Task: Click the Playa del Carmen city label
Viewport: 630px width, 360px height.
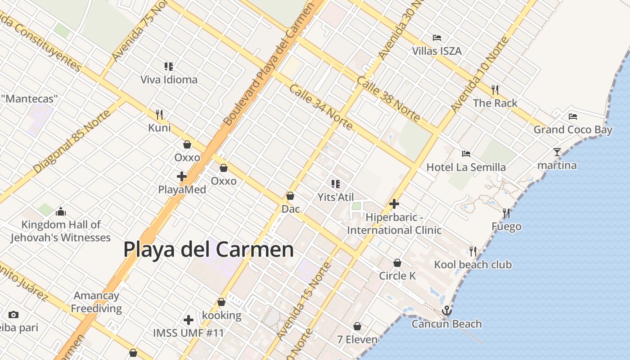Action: point(208,249)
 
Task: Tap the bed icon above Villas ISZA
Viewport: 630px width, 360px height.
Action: point(436,37)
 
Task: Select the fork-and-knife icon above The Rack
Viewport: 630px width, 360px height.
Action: point(495,90)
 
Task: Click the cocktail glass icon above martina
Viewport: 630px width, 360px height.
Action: point(557,152)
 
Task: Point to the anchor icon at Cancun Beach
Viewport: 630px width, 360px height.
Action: point(447,310)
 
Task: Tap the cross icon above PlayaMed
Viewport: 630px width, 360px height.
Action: point(182,176)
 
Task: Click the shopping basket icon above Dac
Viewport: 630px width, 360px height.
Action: point(290,196)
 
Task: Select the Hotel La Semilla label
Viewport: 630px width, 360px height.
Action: point(466,167)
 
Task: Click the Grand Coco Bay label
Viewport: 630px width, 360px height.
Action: point(573,130)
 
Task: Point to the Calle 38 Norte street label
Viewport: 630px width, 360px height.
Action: point(388,99)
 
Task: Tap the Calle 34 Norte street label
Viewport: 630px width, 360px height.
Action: point(320,107)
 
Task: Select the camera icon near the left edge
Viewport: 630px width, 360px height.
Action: point(13,315)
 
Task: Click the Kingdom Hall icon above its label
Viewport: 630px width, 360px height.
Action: point(61,211)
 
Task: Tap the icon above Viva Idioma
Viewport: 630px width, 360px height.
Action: point(169,67)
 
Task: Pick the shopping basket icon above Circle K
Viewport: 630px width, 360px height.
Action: point(397,262)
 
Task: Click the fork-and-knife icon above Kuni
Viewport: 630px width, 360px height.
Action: point(159,114)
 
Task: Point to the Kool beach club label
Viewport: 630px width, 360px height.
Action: point(472,264)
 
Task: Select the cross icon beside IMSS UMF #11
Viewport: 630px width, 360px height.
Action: point(189,320)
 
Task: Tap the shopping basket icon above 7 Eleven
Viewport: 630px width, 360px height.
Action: point(357,326)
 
